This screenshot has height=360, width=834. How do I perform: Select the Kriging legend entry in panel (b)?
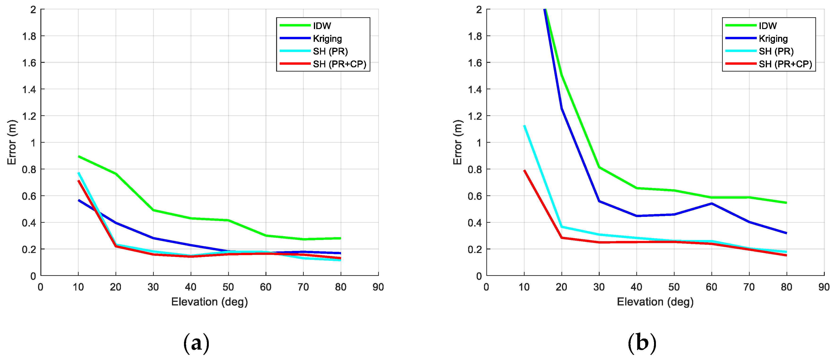773,39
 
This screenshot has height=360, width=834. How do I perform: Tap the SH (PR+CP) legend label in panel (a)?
339,64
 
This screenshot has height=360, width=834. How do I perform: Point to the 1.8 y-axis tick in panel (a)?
29,36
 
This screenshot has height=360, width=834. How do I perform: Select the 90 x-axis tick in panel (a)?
378,287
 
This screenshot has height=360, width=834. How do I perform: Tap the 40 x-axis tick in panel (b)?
636,287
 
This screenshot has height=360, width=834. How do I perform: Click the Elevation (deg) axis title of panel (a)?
210,302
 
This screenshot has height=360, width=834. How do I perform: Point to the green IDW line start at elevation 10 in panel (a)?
79,156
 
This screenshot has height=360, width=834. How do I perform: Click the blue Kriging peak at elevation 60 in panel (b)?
711,203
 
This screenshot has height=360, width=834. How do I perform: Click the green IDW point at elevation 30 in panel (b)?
599,167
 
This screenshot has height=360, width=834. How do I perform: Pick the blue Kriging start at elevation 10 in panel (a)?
79,200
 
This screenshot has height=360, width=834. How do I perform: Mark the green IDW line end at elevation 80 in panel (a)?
340,238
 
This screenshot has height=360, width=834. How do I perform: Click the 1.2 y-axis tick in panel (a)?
29,116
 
